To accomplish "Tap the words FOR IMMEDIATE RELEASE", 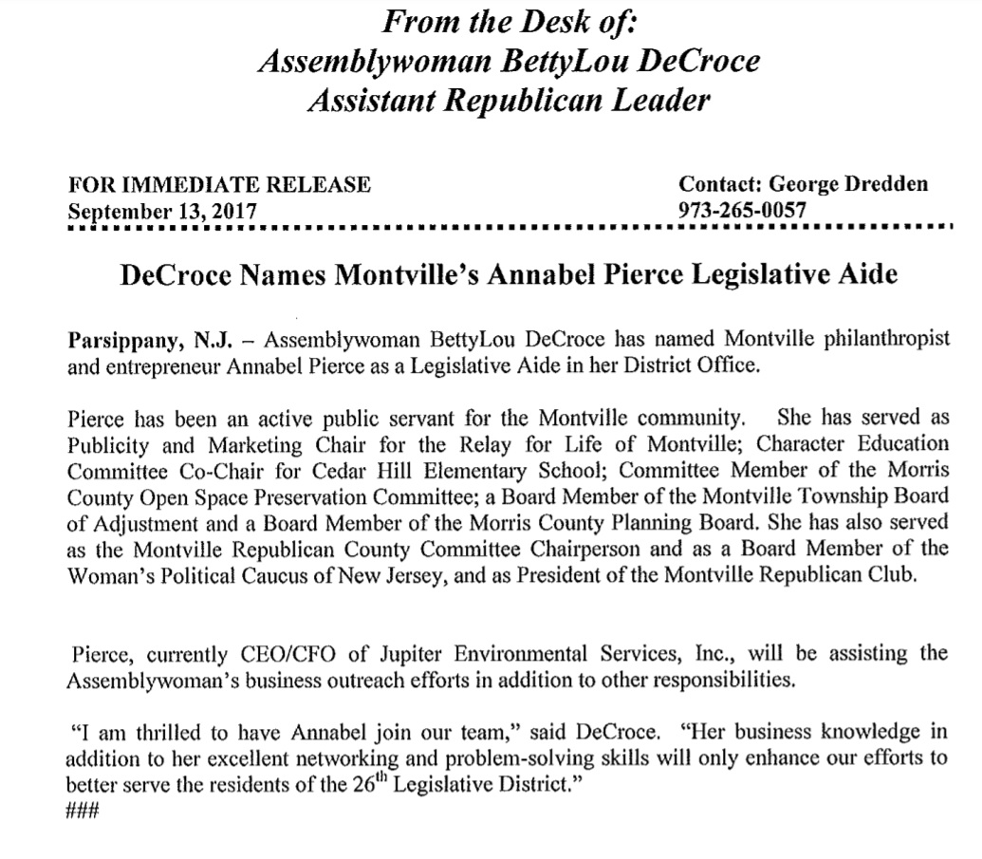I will pyautogui.click(x=219, y=185).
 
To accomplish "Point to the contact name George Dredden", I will pyautogui.click(x=847, y=185).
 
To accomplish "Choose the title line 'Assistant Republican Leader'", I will pyautogui.click(x=508, y=100).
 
